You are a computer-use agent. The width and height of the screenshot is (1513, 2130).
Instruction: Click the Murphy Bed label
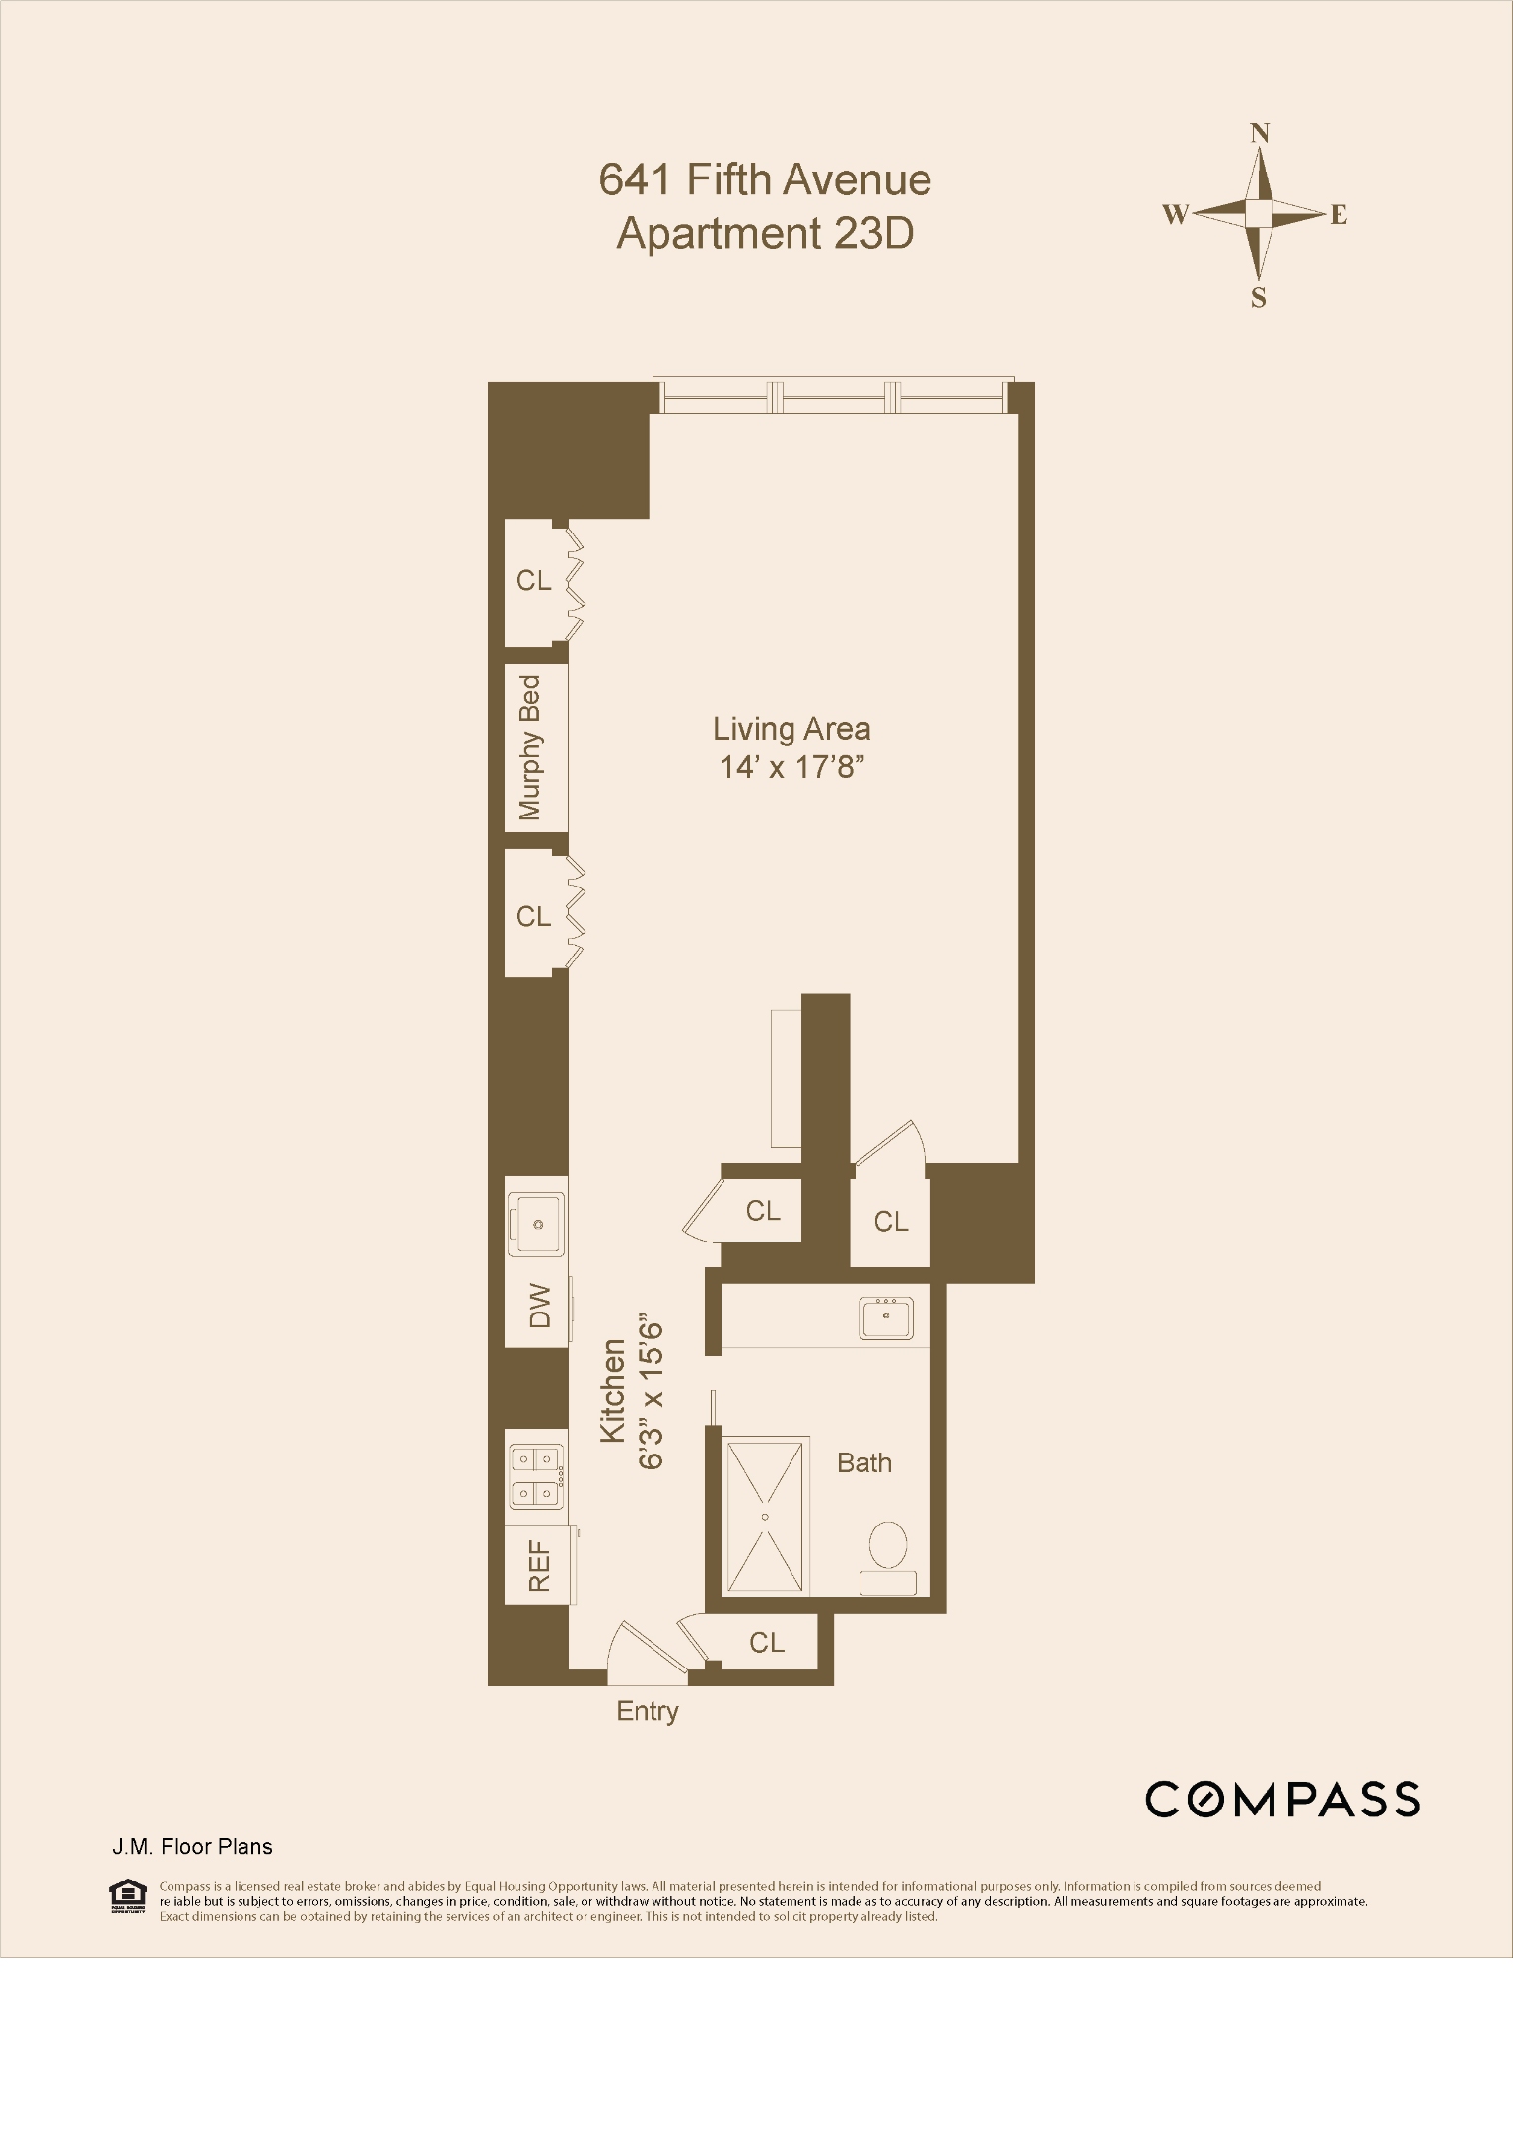point(530,747)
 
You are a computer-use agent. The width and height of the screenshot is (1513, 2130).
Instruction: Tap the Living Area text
point(791,730)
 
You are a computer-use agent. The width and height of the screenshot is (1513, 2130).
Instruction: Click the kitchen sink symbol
point(537,1224)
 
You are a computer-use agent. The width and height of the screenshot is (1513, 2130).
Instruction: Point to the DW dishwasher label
point(539,1308)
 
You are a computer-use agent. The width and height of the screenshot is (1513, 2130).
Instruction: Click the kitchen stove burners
point(537,1476)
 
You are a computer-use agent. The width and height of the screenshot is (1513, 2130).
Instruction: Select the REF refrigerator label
point(539,1566)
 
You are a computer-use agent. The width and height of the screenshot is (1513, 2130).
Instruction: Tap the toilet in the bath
point(888,1555)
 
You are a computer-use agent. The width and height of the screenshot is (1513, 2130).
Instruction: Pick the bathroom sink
point(886,1317)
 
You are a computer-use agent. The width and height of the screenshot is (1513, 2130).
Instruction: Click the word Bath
point(863,1462)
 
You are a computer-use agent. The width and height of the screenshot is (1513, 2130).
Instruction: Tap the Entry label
point(647,1711)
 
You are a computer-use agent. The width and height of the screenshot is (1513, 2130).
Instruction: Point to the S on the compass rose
point(1259,298)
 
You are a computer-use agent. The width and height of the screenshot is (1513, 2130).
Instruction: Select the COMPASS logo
point(1282,1800)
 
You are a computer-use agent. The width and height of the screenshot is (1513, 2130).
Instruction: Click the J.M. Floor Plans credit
point(191,1847)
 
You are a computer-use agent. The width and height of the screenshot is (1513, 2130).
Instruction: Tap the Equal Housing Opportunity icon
point(127,1896)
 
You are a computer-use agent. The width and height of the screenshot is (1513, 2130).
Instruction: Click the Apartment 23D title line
point(764,234)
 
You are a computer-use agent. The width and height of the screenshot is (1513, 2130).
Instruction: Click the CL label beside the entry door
point(767,1642)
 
